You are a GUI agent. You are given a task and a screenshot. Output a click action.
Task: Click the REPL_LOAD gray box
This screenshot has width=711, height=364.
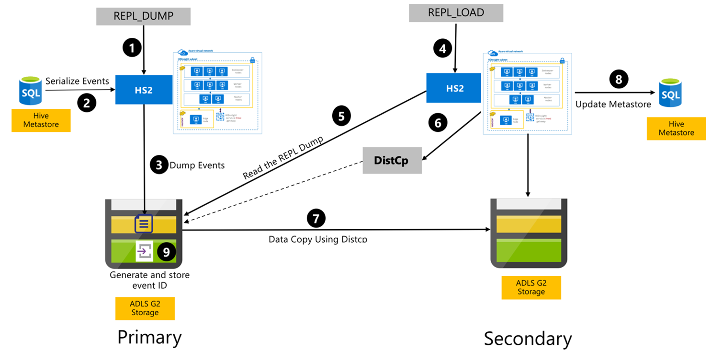455,13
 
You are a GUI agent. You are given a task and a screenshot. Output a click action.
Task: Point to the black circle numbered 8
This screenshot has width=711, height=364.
618,79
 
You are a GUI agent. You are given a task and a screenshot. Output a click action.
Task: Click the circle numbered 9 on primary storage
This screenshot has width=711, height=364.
167,252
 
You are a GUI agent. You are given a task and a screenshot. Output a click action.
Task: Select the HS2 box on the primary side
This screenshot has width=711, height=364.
144,90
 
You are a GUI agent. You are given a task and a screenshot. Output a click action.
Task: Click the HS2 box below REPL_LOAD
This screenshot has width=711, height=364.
453,88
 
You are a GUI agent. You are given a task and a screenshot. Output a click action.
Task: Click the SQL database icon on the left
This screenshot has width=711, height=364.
30,90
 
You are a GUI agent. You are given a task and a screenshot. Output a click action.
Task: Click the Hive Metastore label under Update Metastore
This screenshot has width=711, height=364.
676,128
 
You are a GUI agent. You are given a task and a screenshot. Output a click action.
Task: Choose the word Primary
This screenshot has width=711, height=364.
149,337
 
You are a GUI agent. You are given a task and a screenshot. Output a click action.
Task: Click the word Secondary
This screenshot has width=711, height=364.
528,339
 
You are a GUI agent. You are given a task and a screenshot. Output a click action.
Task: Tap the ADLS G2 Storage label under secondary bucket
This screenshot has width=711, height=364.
530,287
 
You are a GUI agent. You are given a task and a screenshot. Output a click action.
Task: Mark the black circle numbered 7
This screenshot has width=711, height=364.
315,218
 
